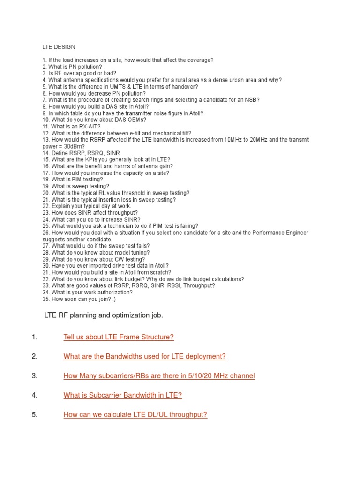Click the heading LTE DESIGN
(x=59, y=47)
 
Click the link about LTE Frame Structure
(x=119, y=337)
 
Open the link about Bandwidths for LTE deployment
(x=144, y=356)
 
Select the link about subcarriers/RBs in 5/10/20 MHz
(x=159, y=376)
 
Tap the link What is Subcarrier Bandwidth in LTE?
(x=122, y=395)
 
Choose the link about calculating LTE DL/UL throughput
(x=135, y=414)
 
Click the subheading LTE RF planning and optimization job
(x=104, y=315)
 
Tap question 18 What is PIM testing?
(x=72, y=180)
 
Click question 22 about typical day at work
(x=87, y=206)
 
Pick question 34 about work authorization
(x=87, y=292)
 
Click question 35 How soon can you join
(x=82, y=299)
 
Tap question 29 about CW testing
(x=93, y=259)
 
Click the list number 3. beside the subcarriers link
(x=34, y=376)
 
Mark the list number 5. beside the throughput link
(x=34, y=414)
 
